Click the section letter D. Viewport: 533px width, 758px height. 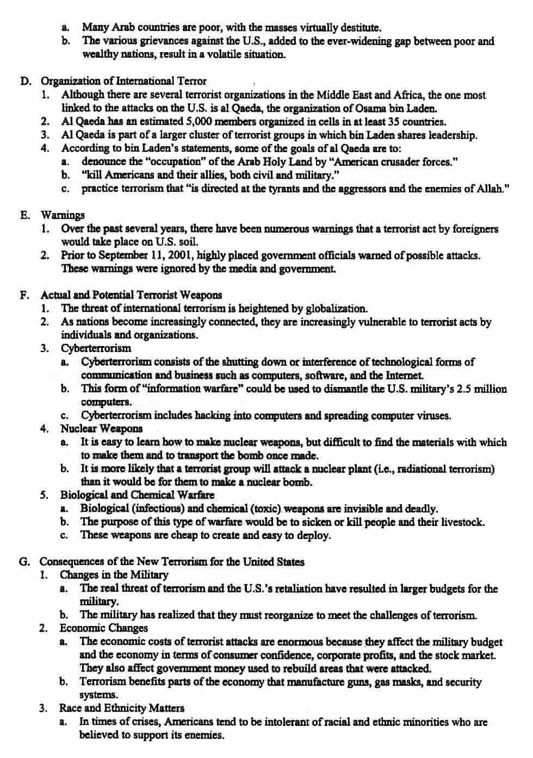click(24, 82)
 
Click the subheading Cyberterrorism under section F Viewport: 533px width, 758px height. click(96, 348)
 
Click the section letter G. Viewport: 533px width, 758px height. click(24, 562)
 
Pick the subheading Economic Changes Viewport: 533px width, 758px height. click(103, 628)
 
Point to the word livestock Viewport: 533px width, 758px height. click(461, 522)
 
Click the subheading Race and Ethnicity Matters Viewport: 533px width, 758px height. click(121, 708)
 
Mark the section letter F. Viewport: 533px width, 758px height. click(24, 295)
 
